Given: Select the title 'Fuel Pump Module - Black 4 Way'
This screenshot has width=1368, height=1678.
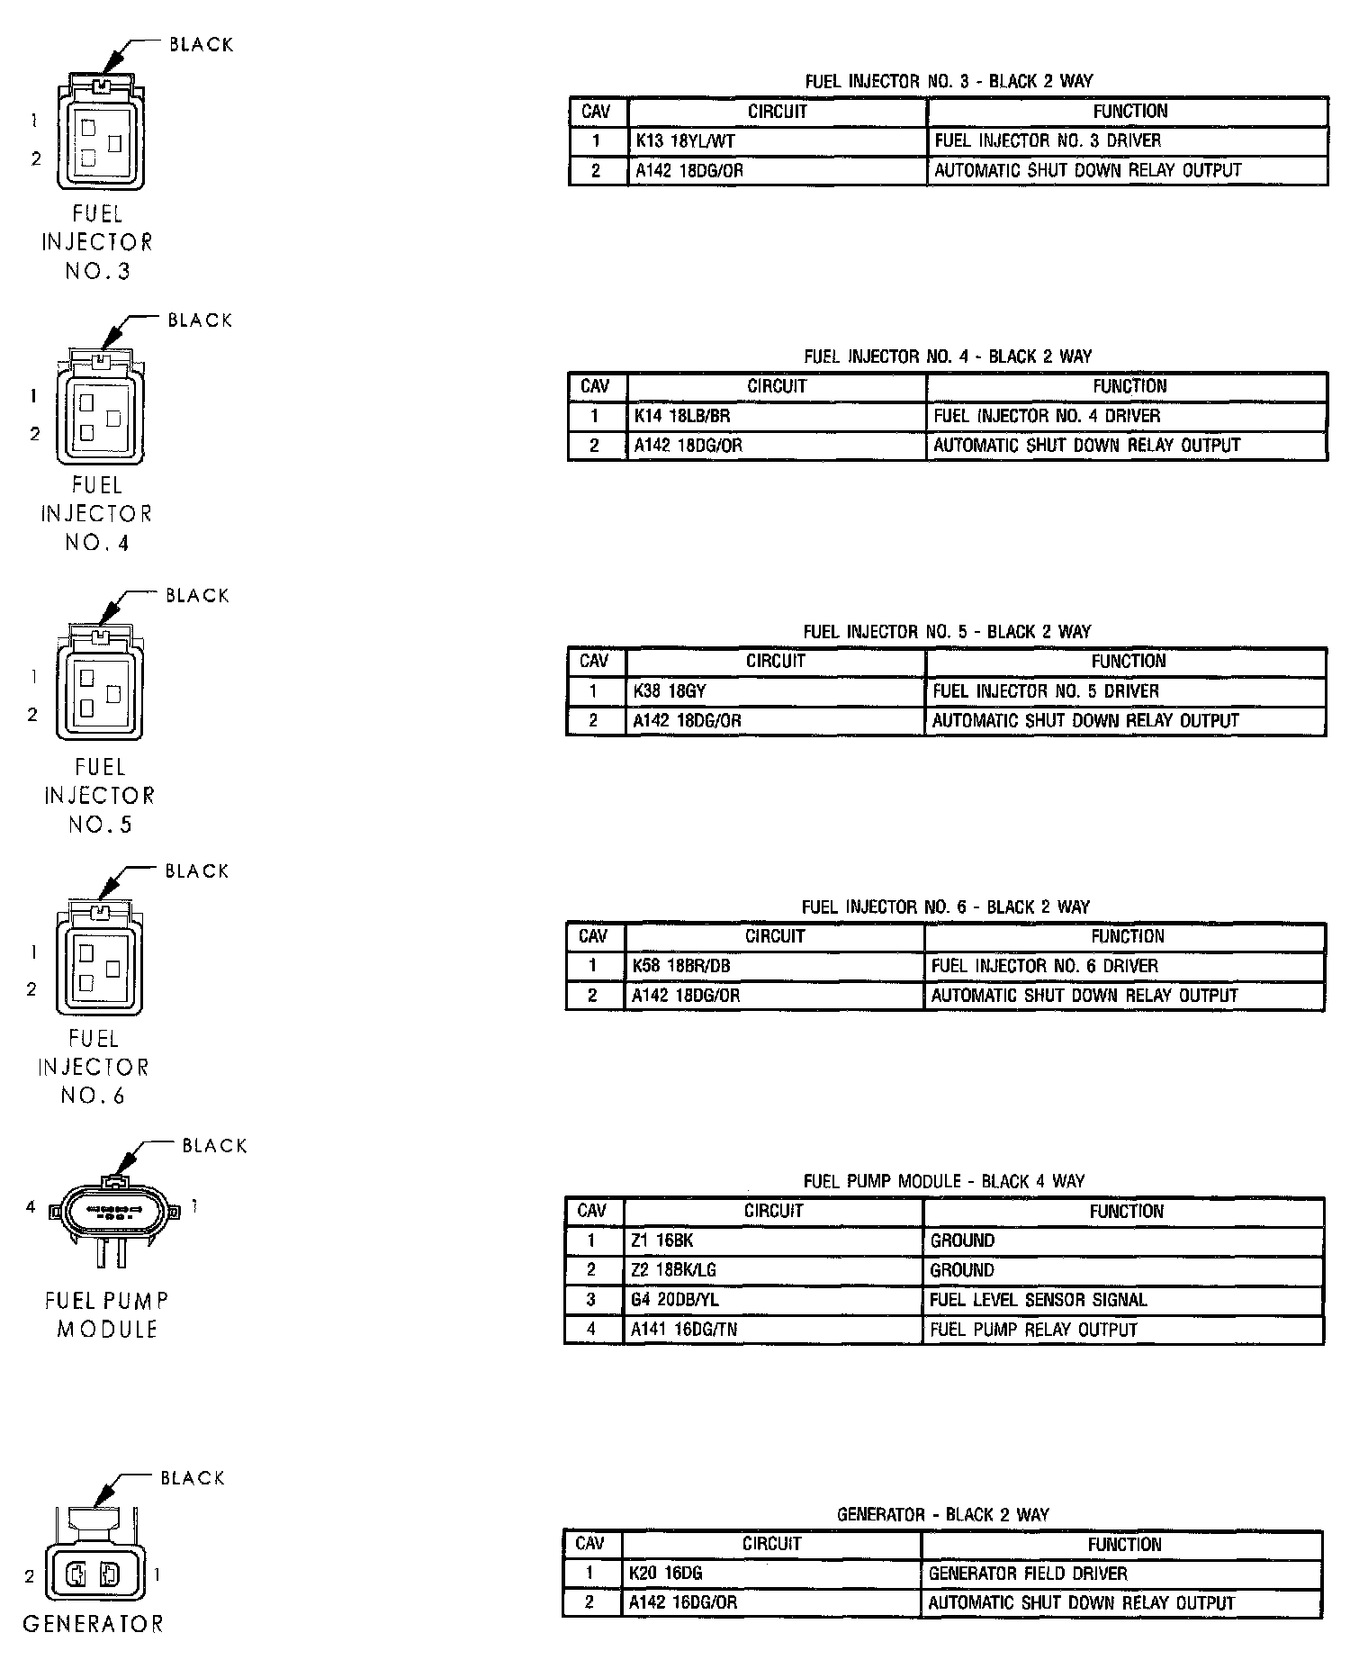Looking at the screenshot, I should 943,1181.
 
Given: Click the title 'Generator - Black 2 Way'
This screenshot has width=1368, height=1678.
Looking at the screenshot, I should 942,1515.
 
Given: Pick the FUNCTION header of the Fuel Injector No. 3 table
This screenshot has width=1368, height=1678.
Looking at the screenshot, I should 1129,112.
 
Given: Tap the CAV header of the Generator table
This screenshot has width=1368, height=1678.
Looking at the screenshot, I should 590,1544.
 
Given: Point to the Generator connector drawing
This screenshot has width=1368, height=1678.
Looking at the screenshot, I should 94,1562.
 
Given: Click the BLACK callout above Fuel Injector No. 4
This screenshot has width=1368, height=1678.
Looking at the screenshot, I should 200,320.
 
